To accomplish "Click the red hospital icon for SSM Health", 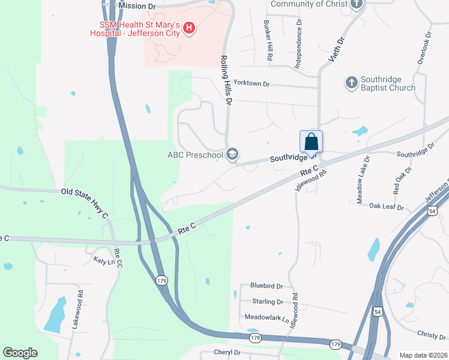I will point(190,28).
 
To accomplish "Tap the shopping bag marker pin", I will point(311,142).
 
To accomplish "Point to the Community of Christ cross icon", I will point(357,4).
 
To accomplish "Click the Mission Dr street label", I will point(137,5).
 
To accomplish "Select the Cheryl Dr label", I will point(227,353).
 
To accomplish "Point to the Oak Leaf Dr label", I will point(386,207).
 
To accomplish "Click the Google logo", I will point(20,353).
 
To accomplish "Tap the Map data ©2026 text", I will point(423,355).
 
